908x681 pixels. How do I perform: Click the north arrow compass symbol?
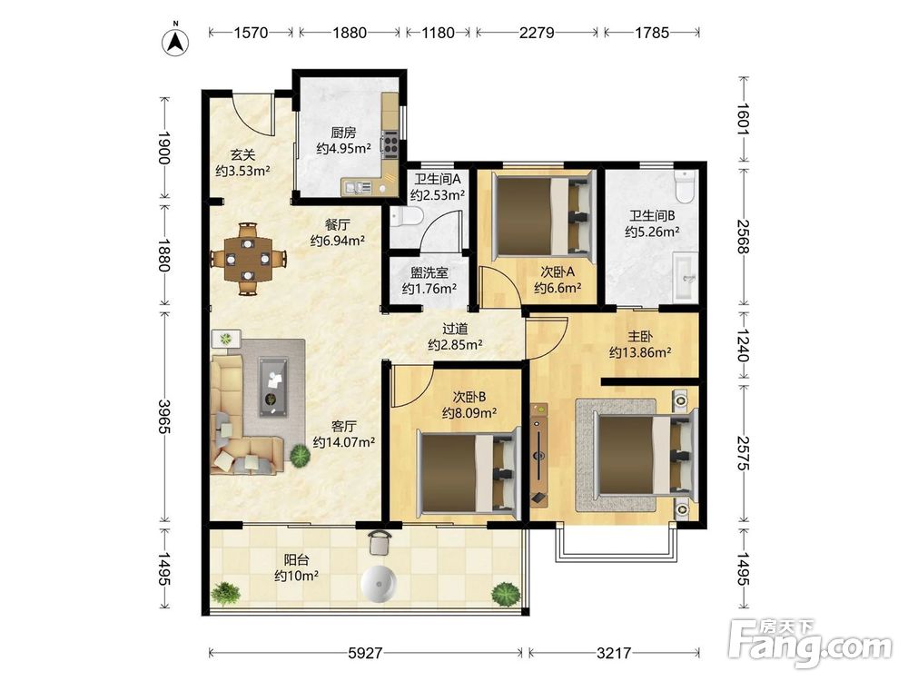click(x=175, y=42)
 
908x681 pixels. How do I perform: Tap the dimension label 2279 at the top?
click(x=537, y=33)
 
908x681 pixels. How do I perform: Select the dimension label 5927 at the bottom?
click(x=365, y=653)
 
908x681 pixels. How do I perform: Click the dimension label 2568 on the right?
click(x=743, y=236)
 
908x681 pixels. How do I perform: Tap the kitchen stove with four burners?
click(x=390, y=143)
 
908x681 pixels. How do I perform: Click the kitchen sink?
click(x=358, y=187)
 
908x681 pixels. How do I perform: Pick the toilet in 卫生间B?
click(x=685, y=186)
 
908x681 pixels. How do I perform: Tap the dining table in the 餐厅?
click(x=249, y=258)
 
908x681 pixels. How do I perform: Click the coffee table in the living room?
click(x=272, y=386)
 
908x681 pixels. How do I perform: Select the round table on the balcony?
click(x=379, y=584)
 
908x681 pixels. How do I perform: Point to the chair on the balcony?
click(x=380, y=542)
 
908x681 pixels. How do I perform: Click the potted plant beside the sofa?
click(x=300, y=456)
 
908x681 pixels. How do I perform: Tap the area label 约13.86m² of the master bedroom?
click(x=640, y=351)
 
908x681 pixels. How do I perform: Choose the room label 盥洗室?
click(x=429, y=272)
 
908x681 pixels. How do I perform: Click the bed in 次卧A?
click(x=544, y=215)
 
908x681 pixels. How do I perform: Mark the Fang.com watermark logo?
click(x=811, y=643)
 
